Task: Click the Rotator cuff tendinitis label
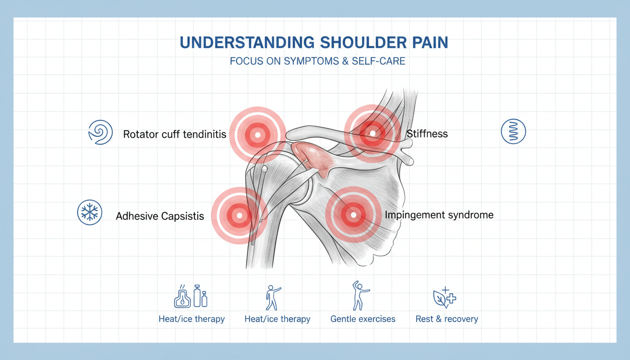tap(174, 135)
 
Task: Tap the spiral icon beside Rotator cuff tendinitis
tap(100, 132)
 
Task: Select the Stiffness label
tap(427, 134)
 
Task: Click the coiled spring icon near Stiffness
tap(513, 131)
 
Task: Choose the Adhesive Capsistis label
tap(160, 216)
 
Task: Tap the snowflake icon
tap(89, 212)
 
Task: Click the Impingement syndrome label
tap(439, 215)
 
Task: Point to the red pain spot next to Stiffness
tap(373, 134)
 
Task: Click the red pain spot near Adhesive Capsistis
tap(239, 216)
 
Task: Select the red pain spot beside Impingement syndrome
tap(354, 215)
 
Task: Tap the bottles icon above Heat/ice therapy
tap(191, 296)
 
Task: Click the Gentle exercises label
tap(363, 319)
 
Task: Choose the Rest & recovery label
tap(447, 319)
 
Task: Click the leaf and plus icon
tap(443, 297)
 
